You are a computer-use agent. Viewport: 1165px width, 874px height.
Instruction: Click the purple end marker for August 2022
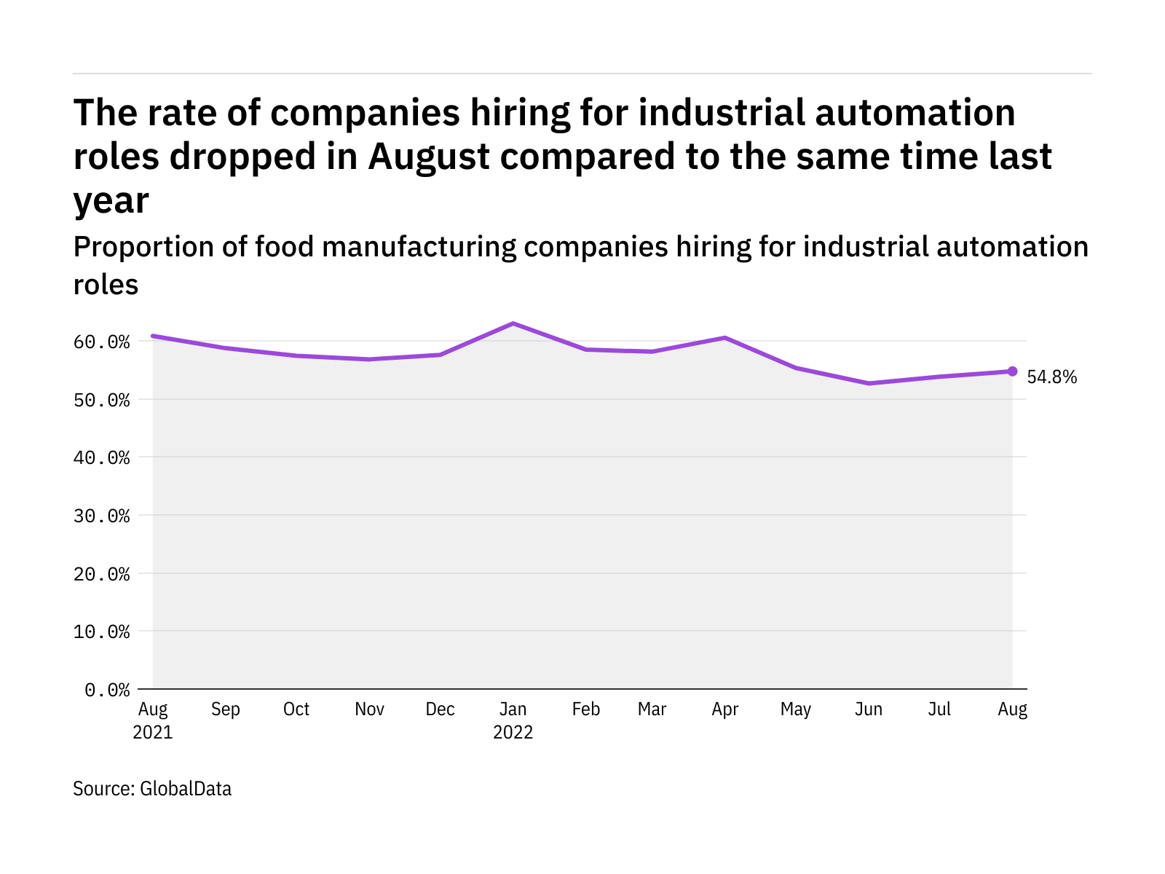coord(1012,371)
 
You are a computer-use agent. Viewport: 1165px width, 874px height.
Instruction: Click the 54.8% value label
coord(1051,377)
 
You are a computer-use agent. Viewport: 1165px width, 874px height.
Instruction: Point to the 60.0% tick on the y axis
coord(102,342)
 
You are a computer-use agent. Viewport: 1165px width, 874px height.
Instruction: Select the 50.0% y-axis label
coord(102,400)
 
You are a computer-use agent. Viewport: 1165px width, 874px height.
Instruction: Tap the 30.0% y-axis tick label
coord(102,516)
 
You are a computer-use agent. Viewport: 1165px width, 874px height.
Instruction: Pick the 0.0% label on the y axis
coord(107,690)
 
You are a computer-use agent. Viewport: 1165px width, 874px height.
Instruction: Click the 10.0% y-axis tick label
coord(102,631)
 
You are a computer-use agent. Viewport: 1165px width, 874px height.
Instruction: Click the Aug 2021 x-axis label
coord(153,720)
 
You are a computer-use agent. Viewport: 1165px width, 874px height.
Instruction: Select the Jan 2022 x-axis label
coord(513,720)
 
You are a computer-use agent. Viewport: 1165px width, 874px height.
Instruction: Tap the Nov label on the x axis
coord(369,709)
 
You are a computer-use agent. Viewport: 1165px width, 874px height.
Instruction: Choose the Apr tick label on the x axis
coord(725,709)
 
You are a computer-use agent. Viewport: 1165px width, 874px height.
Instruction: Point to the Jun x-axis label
coord(869,709)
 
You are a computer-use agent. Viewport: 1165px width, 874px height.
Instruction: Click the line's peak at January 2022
coord(513,323)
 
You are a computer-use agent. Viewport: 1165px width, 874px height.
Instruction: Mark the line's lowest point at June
coord(869,383)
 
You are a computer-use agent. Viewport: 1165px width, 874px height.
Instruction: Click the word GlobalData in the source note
coord(186,789)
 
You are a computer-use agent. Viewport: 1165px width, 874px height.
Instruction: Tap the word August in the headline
coord(429,157)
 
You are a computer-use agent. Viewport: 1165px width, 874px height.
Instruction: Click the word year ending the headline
coord(111,200)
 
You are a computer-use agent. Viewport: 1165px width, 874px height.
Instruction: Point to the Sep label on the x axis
coord(225,709)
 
